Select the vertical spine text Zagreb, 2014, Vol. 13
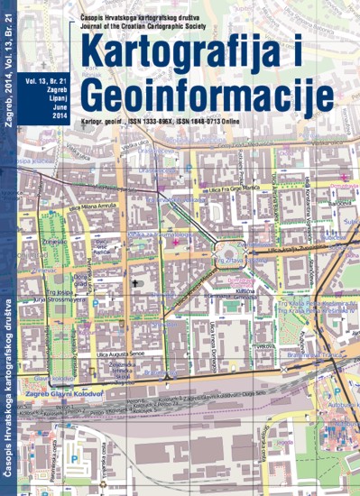tap(10, 72)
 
